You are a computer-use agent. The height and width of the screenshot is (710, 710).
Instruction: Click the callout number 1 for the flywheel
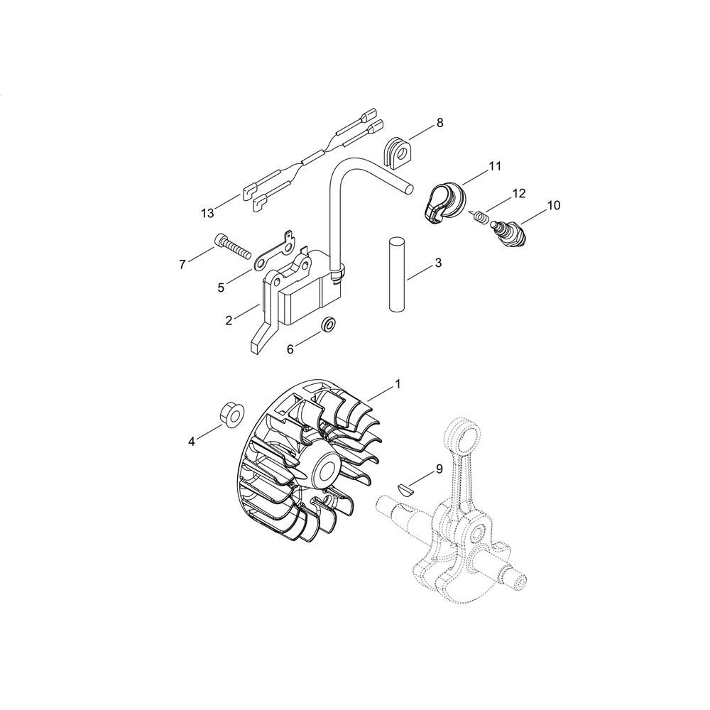coord(398,384)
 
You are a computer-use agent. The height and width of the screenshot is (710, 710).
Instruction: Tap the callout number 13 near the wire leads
coord(207,213)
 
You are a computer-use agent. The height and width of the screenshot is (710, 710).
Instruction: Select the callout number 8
coord(439,123)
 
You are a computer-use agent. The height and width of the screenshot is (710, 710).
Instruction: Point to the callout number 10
coord(553,205)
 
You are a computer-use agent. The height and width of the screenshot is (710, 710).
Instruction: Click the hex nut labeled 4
coord(233,413)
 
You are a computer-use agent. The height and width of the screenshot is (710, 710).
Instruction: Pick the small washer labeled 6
coord(328,324)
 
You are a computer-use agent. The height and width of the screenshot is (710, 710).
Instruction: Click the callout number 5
coord(221,288)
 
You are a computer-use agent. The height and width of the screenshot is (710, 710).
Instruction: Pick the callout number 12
coord(519,193)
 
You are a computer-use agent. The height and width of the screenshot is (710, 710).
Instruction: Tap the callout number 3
coord(438,263)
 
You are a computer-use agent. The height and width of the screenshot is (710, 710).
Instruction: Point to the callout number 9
coord(439,469)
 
